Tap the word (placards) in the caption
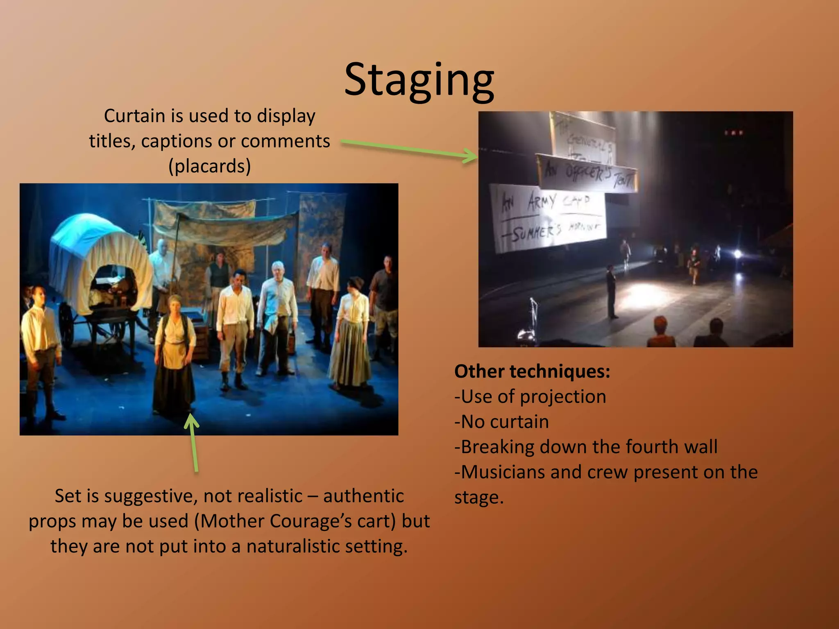click(x=209, y=166)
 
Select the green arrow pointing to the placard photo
click(x=410, y=150)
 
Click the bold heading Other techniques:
click(x=532, y=371)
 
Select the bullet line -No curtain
click(x=501, y=422)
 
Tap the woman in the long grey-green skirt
click(x=350, y=336)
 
